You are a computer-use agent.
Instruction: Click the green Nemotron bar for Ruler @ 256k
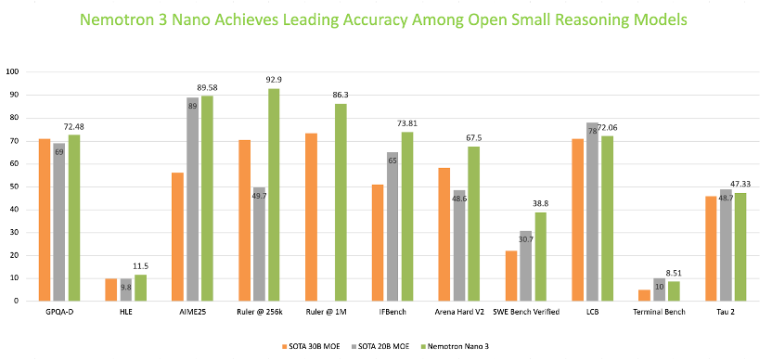coord(274,195)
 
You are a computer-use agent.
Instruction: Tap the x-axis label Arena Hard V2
coord(459,312)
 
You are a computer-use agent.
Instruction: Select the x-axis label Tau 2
coord(726,312)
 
